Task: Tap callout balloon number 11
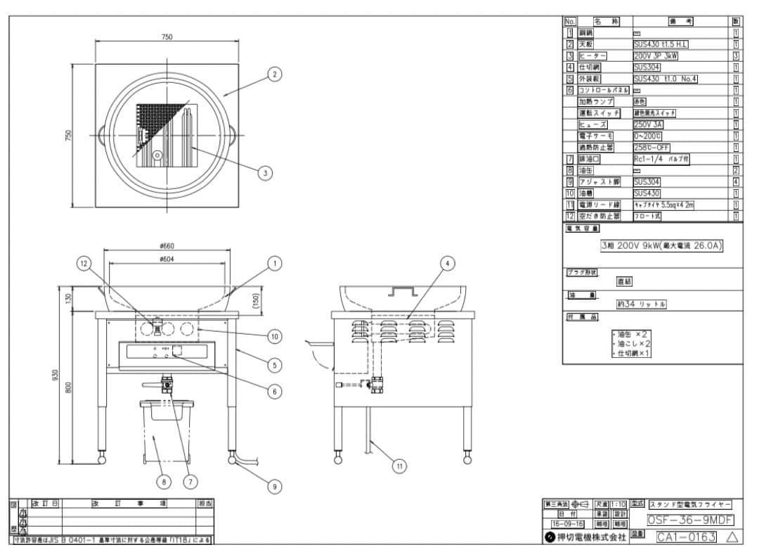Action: pos(399,466)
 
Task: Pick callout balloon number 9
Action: pos(275,484)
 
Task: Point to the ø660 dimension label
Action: pos(167,246)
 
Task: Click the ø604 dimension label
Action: pos(167,259)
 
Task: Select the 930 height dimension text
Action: pos(56,376)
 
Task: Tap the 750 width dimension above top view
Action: pos(167,37)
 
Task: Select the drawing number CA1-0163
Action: pos(686,537)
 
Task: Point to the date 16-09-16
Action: pos(567,524)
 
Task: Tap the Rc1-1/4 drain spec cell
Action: pos(661,159)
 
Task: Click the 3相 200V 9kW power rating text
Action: pos(661,245)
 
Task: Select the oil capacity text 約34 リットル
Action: pos(641,304)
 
